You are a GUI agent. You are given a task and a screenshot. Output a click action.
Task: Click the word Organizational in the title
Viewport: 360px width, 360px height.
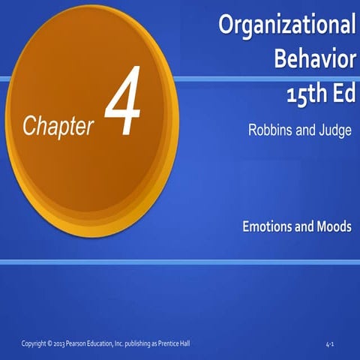pos(286,25)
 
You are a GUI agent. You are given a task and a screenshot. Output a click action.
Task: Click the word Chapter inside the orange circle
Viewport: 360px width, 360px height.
pos(58,126)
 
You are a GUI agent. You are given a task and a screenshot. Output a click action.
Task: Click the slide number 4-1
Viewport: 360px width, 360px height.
pos(330,344)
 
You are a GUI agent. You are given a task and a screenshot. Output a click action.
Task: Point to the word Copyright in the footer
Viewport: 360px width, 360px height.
pos(35,343)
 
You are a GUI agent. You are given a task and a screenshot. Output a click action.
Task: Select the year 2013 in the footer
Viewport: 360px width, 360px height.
pos(64,343)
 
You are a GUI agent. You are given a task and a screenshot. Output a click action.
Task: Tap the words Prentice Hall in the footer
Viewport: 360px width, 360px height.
pos(173,343)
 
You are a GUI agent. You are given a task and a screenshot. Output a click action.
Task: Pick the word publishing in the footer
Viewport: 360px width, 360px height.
pos(139,343)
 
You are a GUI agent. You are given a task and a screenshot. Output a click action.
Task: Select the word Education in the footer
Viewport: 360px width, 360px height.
pos(108,343)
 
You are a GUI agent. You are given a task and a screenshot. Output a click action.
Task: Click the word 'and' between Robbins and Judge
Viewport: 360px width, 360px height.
pos(306,130)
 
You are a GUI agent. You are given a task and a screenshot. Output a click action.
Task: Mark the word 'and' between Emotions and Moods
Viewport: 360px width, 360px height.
pos(304,226)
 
